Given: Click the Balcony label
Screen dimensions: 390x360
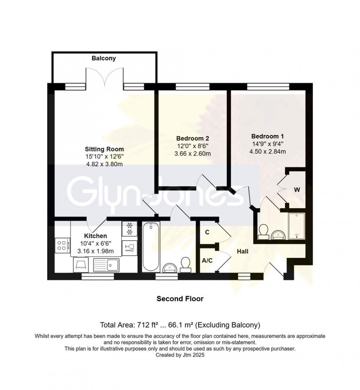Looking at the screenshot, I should (x=104, y=59).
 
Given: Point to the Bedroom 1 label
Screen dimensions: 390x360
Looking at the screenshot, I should (x=268, y=136).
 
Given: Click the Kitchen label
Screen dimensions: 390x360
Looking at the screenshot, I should (x=95, y=236).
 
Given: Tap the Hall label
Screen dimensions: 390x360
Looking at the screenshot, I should (x=242, y=252).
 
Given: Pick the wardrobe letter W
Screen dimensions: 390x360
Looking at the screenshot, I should (x=297, y=190).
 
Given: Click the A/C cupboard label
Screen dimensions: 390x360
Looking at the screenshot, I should (x=207, y=261).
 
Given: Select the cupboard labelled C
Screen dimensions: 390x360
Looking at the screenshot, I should (x=207, y=232).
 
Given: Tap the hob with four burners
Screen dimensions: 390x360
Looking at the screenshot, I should (x=62, y=245).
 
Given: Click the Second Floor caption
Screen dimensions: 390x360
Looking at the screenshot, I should (x=180, y=299).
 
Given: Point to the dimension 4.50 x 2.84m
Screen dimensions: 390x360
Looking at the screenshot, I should (x=268, y=152).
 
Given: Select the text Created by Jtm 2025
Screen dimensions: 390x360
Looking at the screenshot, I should (x=180, y=356).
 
